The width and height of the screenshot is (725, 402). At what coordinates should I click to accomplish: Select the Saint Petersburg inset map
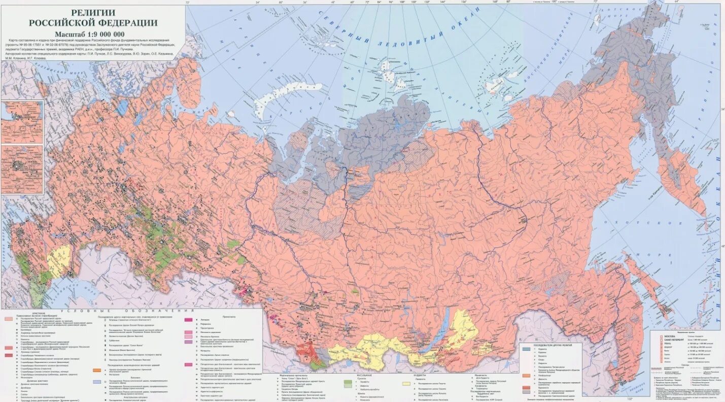coord(22,122)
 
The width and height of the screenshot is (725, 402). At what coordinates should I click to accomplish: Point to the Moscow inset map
coord(22,169)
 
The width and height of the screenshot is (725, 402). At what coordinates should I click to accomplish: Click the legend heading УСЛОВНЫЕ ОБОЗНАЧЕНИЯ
coord(127,310)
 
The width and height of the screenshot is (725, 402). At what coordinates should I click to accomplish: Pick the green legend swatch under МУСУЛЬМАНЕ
coord(348,382)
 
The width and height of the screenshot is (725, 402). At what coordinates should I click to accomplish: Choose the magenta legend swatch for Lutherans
coord(188,320)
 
